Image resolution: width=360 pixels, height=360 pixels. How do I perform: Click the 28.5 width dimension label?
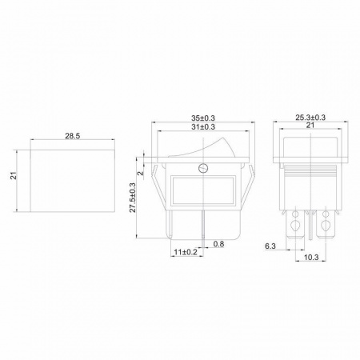(73, 136)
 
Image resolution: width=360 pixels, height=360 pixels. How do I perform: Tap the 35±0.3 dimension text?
(203, 118)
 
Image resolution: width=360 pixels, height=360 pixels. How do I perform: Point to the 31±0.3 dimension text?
(203, 126)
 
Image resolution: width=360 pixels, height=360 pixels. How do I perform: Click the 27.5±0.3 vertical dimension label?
(133, 198)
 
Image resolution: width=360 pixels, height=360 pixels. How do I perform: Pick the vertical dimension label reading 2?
(140, 173)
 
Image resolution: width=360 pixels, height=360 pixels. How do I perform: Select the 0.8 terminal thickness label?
(218, 244)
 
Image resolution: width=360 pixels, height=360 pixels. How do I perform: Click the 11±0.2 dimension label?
(186, 252)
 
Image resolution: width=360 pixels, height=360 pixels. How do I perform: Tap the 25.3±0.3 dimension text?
(310, 118)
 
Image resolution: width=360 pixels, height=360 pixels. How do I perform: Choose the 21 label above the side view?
(310, 125)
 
